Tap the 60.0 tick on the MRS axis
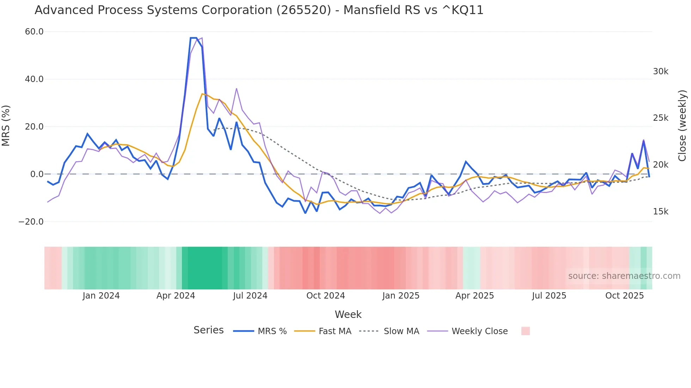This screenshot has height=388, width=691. click(34, 32)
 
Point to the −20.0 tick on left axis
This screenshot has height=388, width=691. click(31, 222)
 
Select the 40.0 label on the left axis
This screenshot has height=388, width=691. click(34, 79)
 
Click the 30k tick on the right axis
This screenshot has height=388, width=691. click(660, 71)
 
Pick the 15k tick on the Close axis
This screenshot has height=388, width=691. click(660, 212)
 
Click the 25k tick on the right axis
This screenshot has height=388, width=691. click(660, 118)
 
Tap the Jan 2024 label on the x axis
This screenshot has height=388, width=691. click(101, 296)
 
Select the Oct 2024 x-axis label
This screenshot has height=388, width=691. click(325, 296)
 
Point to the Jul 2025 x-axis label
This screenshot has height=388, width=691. click(549, 296)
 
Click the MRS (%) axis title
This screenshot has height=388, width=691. click(6, 126)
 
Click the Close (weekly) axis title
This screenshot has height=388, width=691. click(682, 126)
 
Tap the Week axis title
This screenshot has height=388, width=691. click(348, 314)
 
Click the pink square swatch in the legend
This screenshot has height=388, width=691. click(525, 331)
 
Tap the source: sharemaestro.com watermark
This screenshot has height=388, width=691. click(624, 276)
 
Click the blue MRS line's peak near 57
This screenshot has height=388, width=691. click(193, 38)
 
